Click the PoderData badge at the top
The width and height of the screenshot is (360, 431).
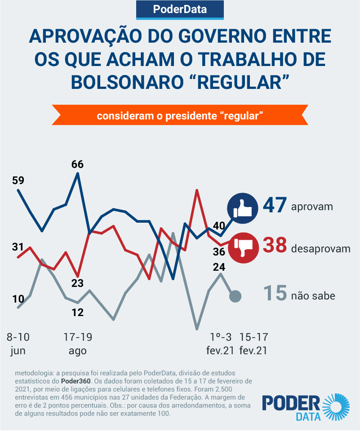pyautogui.click(x=180, y=9)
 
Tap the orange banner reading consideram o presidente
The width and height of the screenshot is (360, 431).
pyautogui.click(x=180, y=115)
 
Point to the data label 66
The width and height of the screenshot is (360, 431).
pyautogui.click(x=77, y=164)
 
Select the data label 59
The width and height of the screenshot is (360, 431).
pyautogui.click(x=18, y=180)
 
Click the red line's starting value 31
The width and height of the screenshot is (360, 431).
pyautogui.click(x=18, y=246)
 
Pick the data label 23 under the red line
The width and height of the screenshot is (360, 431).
pyautogui.click(x=78, y=283)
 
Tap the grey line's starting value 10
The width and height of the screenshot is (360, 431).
pyautogui.click(x=18, y=299)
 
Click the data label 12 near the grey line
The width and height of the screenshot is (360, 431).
pyautogui.click(x=78, y=312)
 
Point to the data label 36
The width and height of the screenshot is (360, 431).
pyautogui.click(x=219, y=251)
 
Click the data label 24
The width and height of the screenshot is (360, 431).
pyautogui.click(x=219, y=267)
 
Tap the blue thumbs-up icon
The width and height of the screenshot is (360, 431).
pyautogui.click(x=242, y=208)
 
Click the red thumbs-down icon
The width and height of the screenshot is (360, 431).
pyautogui.click(x=243, y=247)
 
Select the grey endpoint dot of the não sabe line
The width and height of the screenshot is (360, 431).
pyautogui.click(x=236, y=296)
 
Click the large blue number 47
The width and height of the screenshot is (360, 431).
pyautogui.click(x=275, y=206)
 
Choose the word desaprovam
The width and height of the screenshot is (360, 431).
pyautogui.click(x=320, y=248)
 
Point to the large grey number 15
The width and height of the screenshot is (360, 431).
pyautogui.click(x=275, y=294)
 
